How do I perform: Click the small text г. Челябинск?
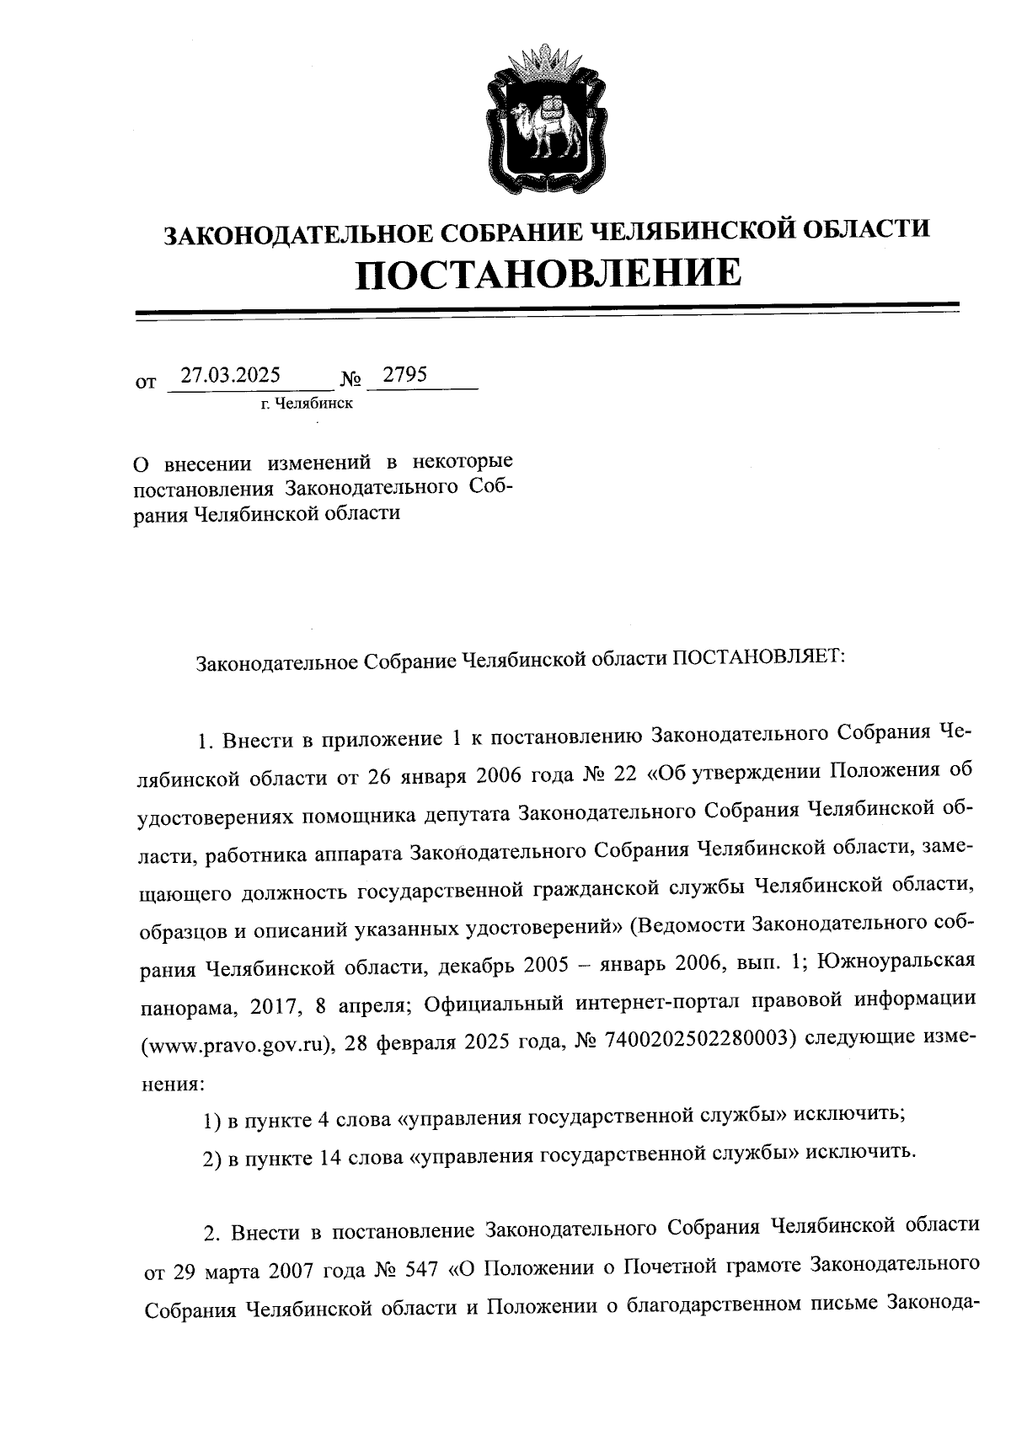(x=307, y=404)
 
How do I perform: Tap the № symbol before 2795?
(x=351, y=381)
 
